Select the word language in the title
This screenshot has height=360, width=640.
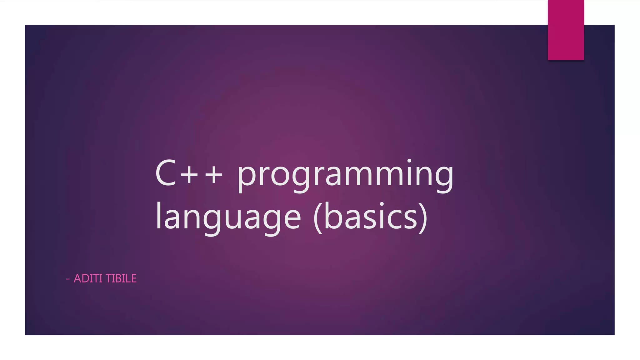[x=228, y=217]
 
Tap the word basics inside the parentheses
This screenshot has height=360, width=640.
[x=371, y=217]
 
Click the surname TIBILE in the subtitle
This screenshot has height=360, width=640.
[x=121, y=278]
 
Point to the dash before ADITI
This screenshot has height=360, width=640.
[x=68, y=279]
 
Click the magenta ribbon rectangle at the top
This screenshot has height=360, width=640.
[x=566, y=30]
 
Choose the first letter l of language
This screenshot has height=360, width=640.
[x=158, y=216]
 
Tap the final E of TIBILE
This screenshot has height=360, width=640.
[x=133, y=278]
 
